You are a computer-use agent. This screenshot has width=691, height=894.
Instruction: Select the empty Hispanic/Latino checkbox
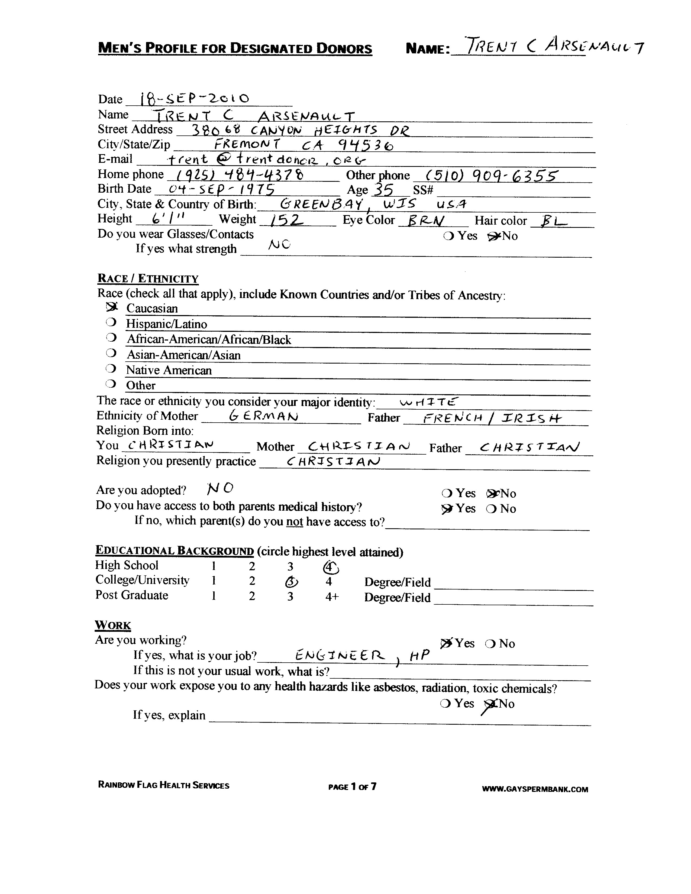pyautogui.click(x=111, y=323)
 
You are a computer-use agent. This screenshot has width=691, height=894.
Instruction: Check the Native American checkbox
pyautogui.click(x=111, y=369)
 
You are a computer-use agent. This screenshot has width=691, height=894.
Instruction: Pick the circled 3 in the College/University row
pyautogui.click(x=291, y=582)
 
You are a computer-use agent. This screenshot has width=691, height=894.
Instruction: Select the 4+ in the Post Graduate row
pyautogui.click(x=332, y=597)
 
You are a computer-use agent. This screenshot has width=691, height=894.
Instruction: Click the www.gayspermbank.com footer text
pyautogui.click(x=535, y=789)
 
